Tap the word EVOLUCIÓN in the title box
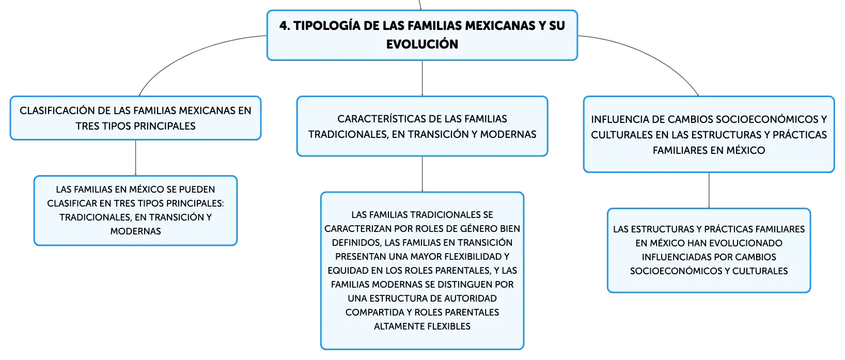(x=422, y=44)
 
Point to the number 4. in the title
(x=285, y=26)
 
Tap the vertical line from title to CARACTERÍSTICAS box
(x=422, y=78)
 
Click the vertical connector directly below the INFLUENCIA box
(x=709, y=190)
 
